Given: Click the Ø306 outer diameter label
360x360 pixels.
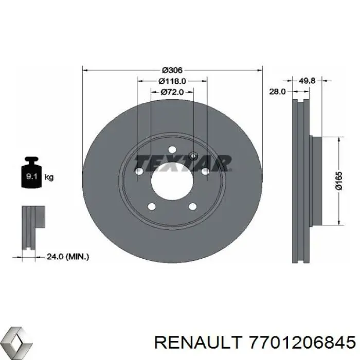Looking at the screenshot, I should tap(172, 70).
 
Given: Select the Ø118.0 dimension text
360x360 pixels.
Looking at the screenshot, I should tap(172, 81).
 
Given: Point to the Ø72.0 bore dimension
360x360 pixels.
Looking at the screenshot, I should tap(172, 92).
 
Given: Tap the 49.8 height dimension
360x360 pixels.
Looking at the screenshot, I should tap(307, 80).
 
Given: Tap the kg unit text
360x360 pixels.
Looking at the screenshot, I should tap(49, 177).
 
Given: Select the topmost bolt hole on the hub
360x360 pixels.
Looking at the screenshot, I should tap(172, 149).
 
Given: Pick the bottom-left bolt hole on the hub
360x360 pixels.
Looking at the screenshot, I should tap(152, 207).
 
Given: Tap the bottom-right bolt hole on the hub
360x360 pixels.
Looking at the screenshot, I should tap(193, 207).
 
